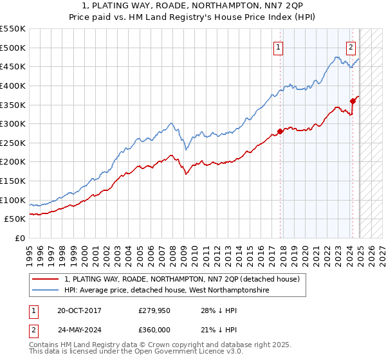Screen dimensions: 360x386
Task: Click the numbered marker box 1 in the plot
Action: click(278, 46)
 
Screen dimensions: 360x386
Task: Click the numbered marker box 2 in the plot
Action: click(351, 46)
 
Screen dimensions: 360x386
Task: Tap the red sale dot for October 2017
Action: click(280, 131)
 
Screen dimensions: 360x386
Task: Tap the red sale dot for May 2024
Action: click(353, 100)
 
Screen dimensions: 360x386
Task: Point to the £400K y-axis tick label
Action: click(13, 85)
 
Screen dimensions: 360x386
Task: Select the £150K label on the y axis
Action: click(13, 181)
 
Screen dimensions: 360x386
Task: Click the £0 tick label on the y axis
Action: click(19, 238)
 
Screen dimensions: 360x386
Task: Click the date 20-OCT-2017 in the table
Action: click(79, 310)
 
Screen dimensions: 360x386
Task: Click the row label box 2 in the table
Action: click(33, 330)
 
